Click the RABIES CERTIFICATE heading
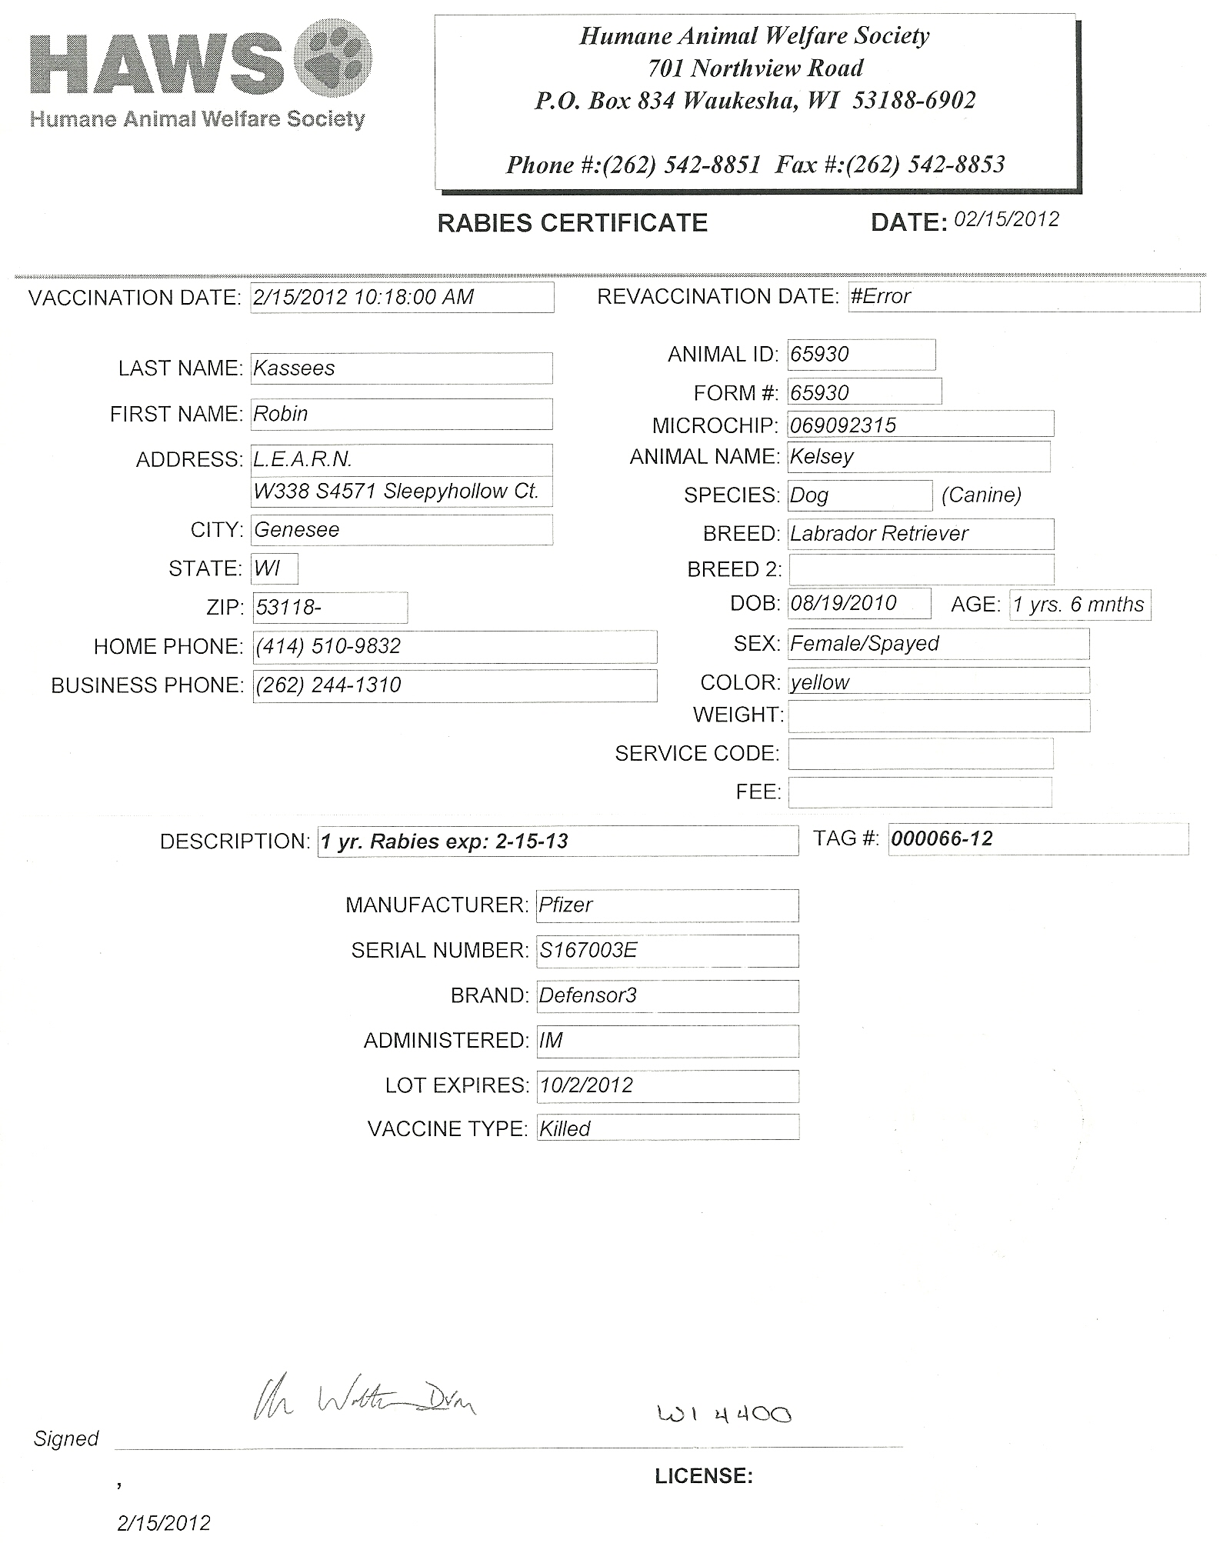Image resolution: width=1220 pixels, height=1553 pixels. [x=572, y=223]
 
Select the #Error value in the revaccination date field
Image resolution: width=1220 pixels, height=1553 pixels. [x=881, y=296]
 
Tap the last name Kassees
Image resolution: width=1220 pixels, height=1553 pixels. [x=294, y=368]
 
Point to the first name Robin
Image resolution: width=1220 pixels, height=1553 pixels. [x=281, y=414]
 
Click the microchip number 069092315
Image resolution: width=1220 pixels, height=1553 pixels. [x=843, y=425]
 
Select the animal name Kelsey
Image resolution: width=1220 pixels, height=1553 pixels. [x=822, y=456]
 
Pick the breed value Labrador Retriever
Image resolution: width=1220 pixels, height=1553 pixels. [x=879, y=533]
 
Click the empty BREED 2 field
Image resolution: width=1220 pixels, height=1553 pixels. [x=921, y=569]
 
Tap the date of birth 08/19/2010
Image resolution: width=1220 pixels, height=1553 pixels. [x=843, y=602]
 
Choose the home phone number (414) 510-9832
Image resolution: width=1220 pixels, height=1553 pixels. [x=328, y=646]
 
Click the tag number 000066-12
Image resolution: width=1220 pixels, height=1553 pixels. [x=942, y=838]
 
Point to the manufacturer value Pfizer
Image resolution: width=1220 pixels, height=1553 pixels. [x=565, y=905]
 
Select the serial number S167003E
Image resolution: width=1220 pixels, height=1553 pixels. [x=588, y=950]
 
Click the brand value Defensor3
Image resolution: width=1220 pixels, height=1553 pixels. [x=588, y=995]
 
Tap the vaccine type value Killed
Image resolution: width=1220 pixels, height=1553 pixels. [x=565, y=1128]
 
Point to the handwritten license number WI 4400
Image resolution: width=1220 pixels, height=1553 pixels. [x=724, y=1413]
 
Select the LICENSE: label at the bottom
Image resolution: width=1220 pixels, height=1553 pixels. [x=704, y=1476]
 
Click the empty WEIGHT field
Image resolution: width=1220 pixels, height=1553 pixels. [x=938, y=715]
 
